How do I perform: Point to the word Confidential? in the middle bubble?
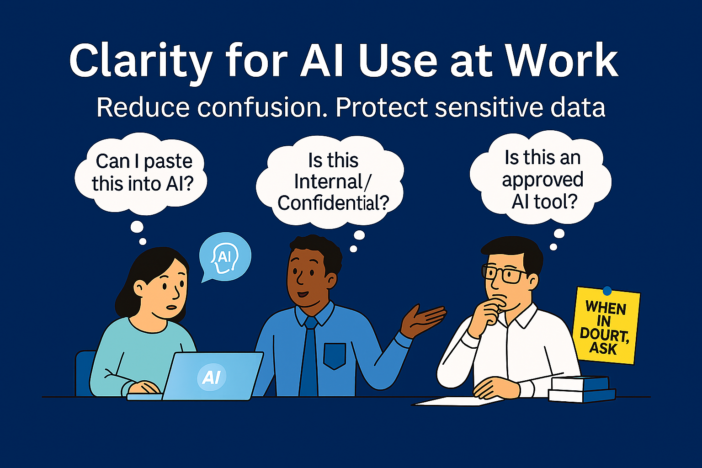pos(333,203)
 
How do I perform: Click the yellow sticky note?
pos(606,326)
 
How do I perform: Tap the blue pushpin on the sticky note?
pos(607,291)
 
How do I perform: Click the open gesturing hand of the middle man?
pos(423,320)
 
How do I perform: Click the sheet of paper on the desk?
pos(457,401)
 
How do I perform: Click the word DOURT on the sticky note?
pos(604,335)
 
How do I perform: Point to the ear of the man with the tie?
pos(332,281)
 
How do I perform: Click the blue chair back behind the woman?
pos(85,373)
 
